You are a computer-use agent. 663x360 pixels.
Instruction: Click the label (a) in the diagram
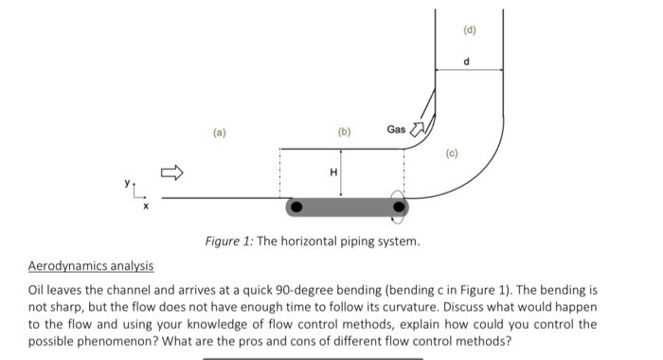pyautogui.click(x=220, y=134)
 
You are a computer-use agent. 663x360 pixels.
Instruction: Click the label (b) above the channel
pyautogui.click(x=343, y=134)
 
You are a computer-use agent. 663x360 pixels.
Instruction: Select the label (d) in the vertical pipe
pyautogui.click(x=469, y=29)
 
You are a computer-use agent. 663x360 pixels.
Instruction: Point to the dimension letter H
pyautogui.click(x=332, y=171)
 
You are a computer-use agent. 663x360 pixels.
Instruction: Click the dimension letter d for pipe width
pyautogui.click(x=468, y=62)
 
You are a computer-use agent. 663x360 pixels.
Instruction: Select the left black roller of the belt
pyautogui.click(x=296, y=206)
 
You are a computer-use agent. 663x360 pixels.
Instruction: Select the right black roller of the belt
pyautogui.click(x=399, y=206)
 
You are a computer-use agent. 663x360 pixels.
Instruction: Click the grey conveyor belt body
pyautogui.click(x=348, y=206)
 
